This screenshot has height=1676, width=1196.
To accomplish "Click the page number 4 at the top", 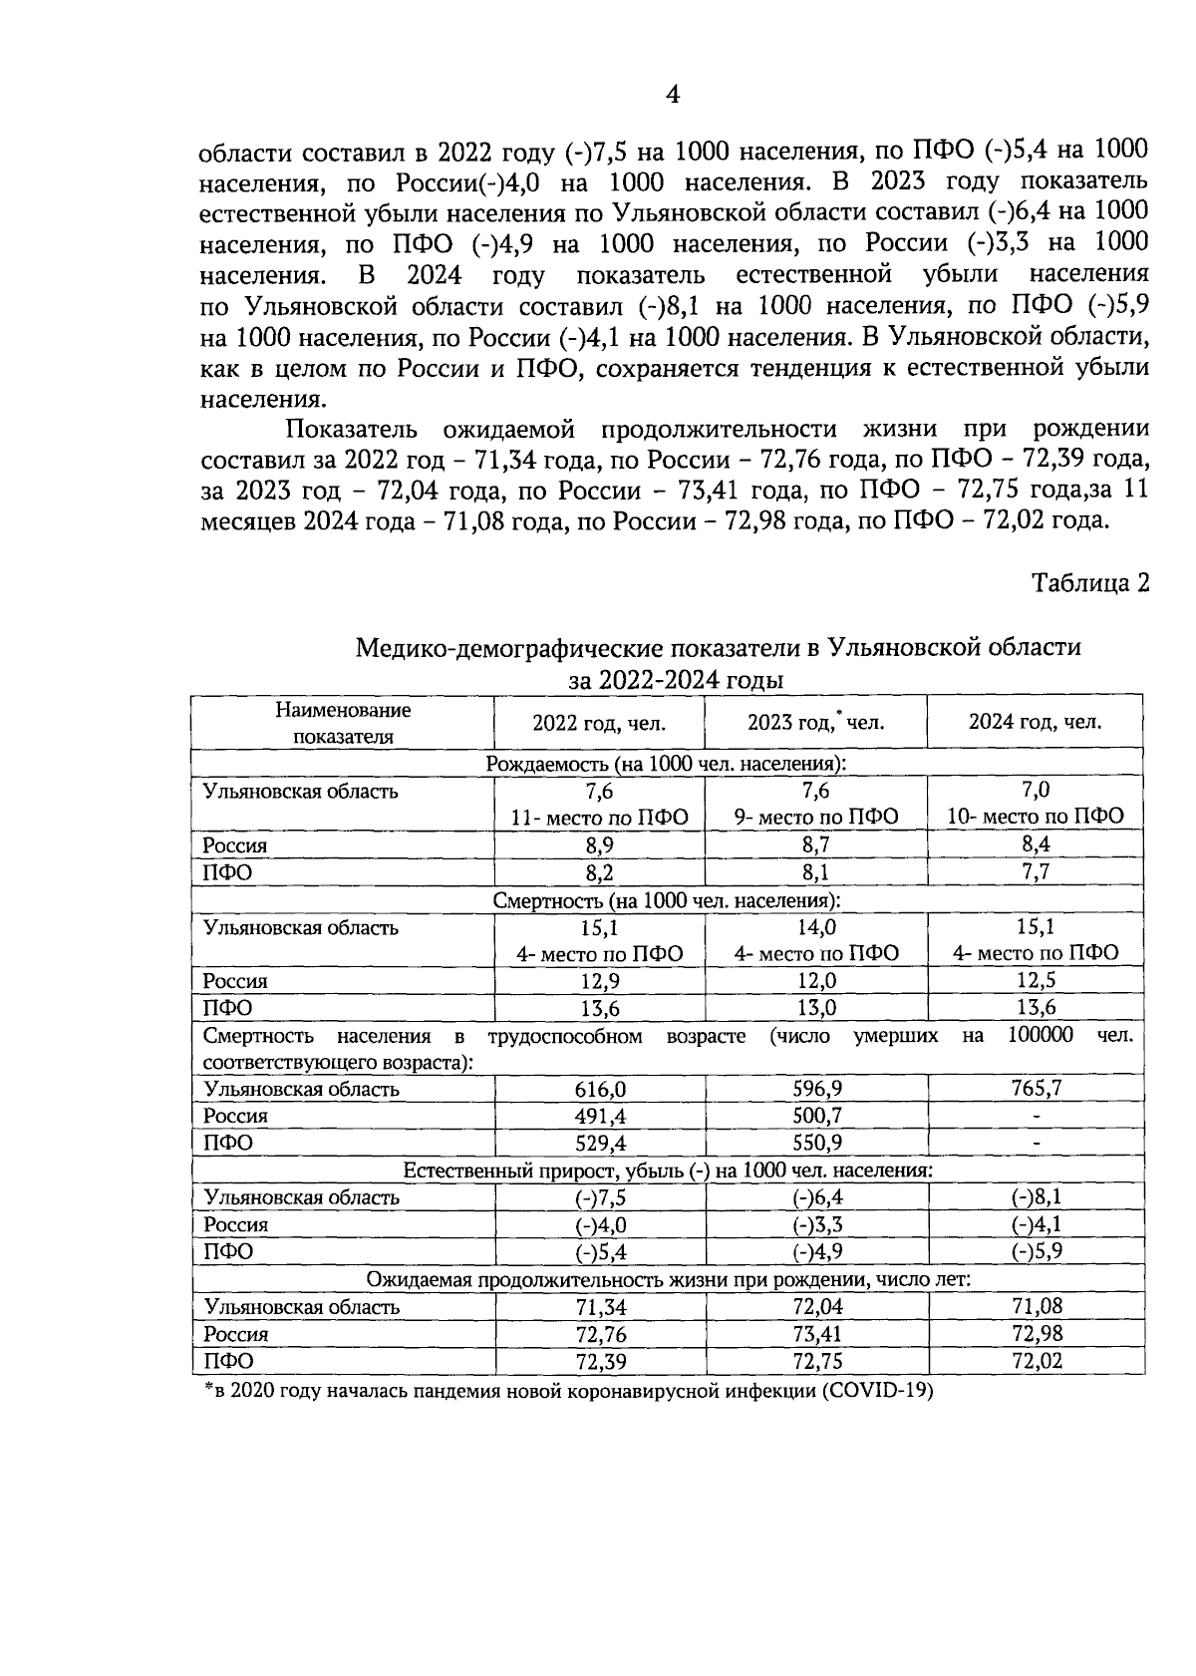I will pos(673,95).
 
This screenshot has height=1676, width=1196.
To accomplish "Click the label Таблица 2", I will pos(1089,583).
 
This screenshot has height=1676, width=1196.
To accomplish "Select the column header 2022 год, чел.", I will pos(598,723).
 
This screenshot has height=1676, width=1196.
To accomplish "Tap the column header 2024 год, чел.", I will pos(1035,722).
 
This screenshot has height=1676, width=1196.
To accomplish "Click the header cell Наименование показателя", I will pos(343,723).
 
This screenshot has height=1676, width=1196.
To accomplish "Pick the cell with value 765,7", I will pos(1036,1088).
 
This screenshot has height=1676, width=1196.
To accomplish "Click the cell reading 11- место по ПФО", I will pos(599,817).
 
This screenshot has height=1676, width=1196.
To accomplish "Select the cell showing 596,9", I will pos(815,1088).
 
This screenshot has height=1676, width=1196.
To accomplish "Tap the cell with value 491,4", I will pos(599,1116).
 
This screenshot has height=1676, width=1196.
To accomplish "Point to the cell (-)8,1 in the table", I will pos(1036,1196).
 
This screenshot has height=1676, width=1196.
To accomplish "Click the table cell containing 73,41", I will pos(815,1334).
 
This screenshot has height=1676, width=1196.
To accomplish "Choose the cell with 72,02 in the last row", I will pos(1036,1361).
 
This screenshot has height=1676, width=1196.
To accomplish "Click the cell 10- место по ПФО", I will pos(1036,817).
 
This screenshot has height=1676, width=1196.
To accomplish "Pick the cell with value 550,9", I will pos(815,1143).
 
